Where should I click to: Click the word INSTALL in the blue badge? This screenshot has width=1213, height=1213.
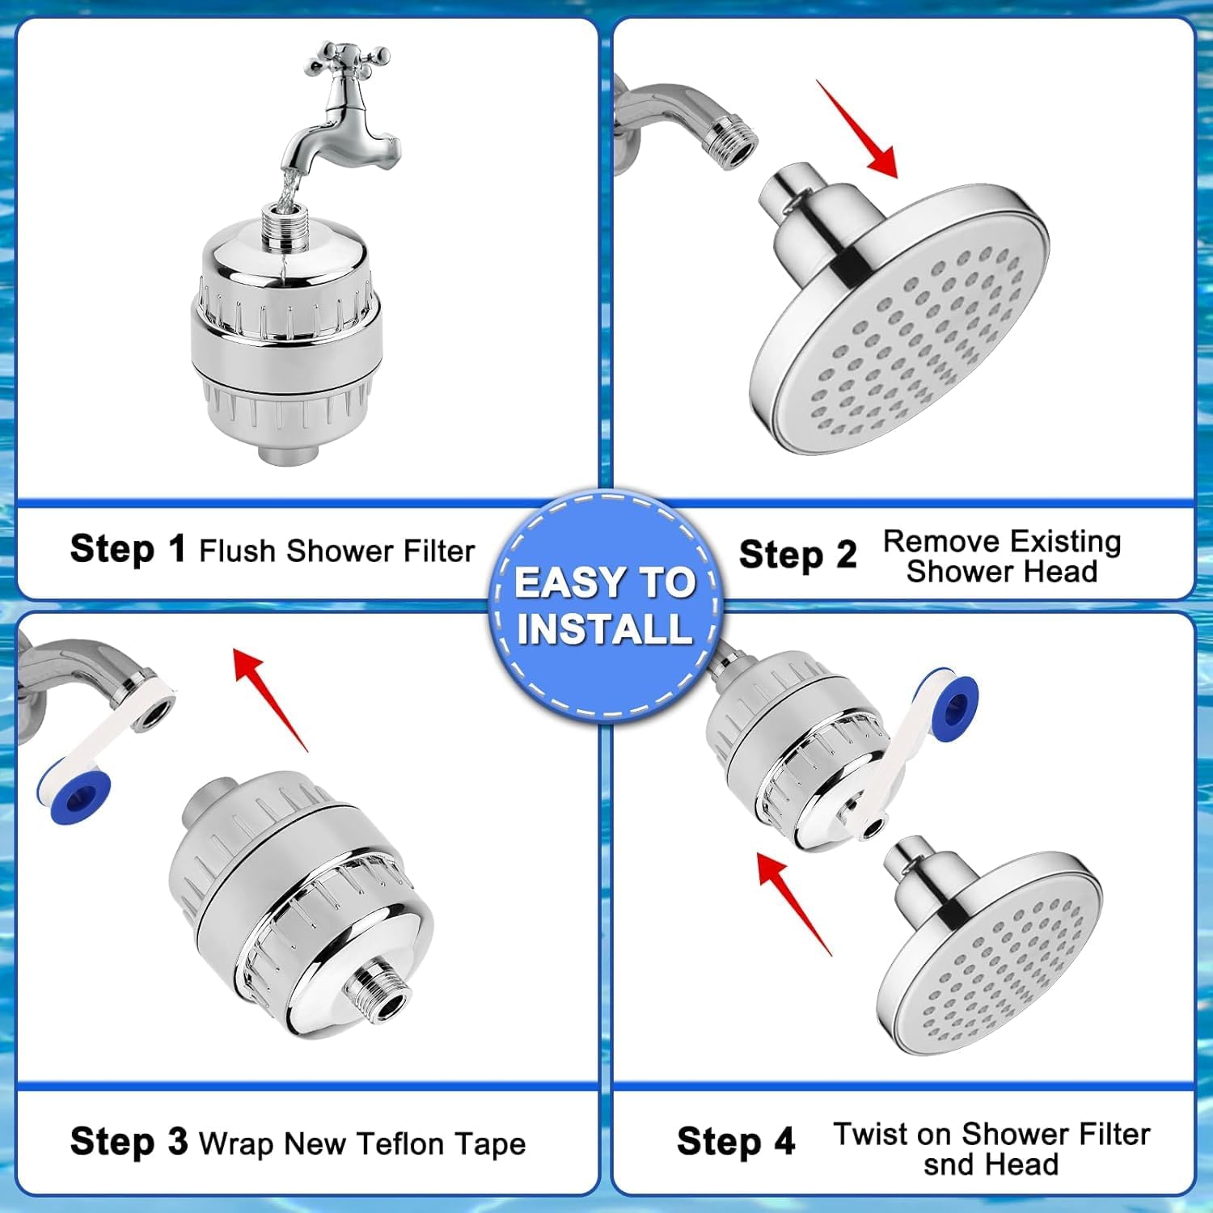click(605, 629)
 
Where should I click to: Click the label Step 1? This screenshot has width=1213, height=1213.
click(128, 549)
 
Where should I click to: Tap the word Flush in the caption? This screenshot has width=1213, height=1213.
click(238, 551)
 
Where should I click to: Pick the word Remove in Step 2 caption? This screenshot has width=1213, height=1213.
click(940, 541)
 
